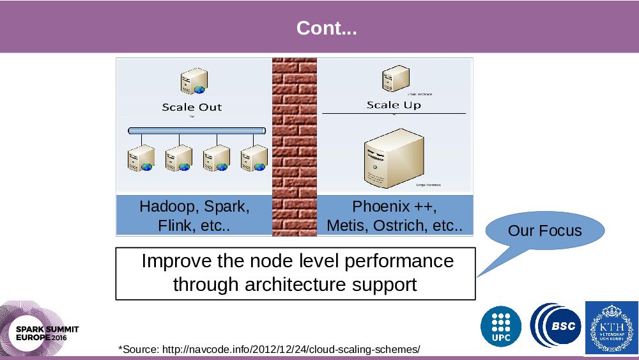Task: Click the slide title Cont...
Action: point(327,29)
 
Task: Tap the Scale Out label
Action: point(192,107)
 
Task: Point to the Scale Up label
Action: point(394,105)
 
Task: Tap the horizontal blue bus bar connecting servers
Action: point(197,130)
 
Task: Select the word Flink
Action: point(173,226)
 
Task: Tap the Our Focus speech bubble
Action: point(544,231)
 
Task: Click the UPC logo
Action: point(501,326)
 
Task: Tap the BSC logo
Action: point(556,326)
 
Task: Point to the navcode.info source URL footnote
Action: point(268,349)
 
